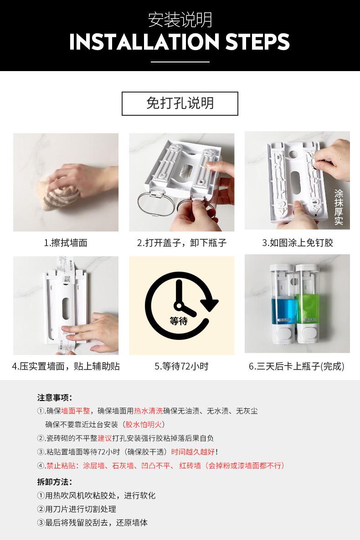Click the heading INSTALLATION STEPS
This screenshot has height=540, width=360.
(x=180, y=41)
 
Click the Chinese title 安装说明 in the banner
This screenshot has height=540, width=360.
(x=180, y=20)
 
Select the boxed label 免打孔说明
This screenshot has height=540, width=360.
(x=180, y=103)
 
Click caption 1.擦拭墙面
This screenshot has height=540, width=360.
(x=65, y=243)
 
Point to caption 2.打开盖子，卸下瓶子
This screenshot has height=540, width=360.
(x=181, y=243)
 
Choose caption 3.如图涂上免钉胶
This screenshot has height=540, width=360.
(x=297, y=243)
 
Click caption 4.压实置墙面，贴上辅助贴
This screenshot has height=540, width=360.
(x=66, y=366)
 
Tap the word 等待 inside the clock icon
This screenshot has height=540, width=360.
(x=178, y=321)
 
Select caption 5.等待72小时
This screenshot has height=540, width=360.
(x=181, y=366)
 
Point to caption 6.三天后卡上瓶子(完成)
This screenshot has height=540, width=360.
(x=297, y=366)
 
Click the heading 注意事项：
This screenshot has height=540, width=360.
(x=55, y=397)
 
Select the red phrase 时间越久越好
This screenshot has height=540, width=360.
(x=193, y=452)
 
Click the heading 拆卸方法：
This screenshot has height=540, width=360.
(x=55, y=482)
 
